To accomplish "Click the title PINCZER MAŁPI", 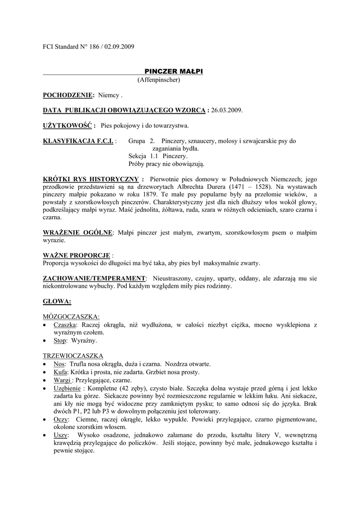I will (174, 72).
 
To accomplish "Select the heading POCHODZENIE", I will (69, 94).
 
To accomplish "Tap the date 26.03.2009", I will (227, 110).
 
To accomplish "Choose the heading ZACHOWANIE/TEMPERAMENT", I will (94, 278).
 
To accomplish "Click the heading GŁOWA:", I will (57, 301).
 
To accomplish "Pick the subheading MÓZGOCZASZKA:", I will (71, 316).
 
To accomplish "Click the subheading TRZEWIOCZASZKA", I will (73, 356).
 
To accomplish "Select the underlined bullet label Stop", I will (59, 341).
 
